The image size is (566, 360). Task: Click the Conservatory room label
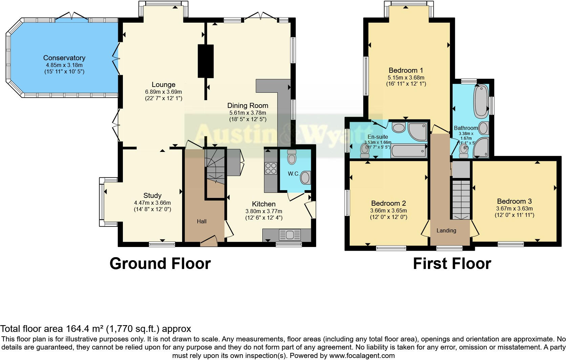(64, 58)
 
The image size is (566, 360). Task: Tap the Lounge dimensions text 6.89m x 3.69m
(164, 92)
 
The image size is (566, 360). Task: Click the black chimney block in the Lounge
(206, 61)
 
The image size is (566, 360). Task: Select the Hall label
(202, 221)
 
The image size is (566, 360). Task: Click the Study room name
(152, 196)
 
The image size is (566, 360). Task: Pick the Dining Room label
(247, 106)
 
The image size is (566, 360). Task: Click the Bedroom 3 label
(514, 201)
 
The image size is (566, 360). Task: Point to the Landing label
(446, 230)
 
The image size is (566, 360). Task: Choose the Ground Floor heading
(160, 263)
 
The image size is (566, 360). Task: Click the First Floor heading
(452, 263)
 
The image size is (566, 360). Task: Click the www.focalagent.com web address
(362, 356)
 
